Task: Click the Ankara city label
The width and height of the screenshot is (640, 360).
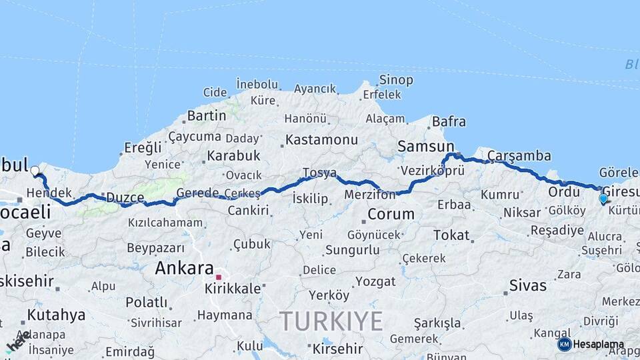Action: [x=184, y=268]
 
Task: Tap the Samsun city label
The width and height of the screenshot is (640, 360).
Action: [x=425, y=145]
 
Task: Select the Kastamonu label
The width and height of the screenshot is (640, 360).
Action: [x=321, y=140]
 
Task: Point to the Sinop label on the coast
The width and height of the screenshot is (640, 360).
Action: [x=396, y=80]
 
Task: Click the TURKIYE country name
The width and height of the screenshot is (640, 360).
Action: [x=331, y=321]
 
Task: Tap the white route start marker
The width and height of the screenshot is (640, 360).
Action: [x=35, y=171]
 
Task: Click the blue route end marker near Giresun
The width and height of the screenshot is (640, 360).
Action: [x=603, y=198]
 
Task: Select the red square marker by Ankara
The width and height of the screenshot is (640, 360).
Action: [x=218, y=277]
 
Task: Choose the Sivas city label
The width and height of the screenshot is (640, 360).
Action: [x=527, y=285]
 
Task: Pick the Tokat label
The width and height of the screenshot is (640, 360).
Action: [x=451, y=235]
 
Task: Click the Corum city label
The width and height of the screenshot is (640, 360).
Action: [x=391, y=214]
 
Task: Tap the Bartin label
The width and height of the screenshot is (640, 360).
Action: [x=207, y=115]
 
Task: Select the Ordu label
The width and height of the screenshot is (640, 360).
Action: [x=563, y=191]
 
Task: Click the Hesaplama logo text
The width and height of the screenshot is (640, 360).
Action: [x=598, y=345]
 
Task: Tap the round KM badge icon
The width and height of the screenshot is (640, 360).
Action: [x=565, y=344]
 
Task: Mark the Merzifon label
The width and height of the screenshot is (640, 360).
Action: [x=369, y=195]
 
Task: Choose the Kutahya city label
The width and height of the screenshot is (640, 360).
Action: [x=56, y=315]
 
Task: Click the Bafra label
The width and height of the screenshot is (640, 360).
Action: [x=449, y=121]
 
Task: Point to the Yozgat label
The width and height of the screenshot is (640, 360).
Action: [x=375, y=281]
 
